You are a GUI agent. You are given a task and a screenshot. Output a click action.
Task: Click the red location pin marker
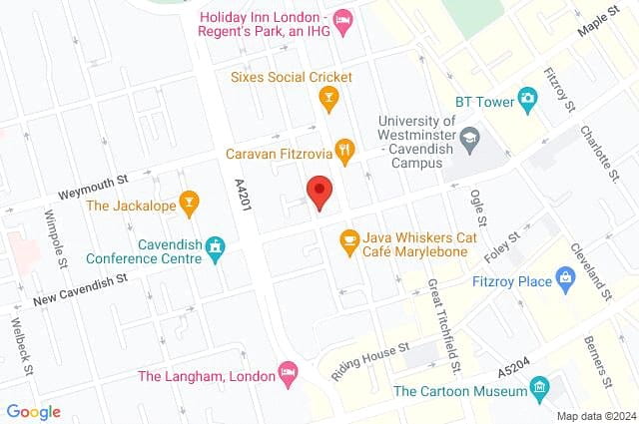(319, 191)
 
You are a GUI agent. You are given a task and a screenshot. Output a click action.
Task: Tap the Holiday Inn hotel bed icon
(342, 21)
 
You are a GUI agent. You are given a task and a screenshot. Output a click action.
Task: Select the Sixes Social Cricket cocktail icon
(326, 97)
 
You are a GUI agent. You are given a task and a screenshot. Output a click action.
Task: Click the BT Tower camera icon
(527, 98)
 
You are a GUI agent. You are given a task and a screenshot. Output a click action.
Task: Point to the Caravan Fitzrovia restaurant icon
(344, 151)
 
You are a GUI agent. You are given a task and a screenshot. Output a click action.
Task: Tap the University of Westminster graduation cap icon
(469, 135)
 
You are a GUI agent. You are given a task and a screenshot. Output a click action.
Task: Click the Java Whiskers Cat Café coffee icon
(349, 239)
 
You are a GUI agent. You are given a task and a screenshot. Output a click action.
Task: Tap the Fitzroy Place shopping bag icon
(566, 280)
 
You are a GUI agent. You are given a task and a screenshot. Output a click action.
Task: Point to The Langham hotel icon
(287, 372)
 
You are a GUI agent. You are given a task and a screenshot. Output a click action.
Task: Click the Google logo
(33, 412)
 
